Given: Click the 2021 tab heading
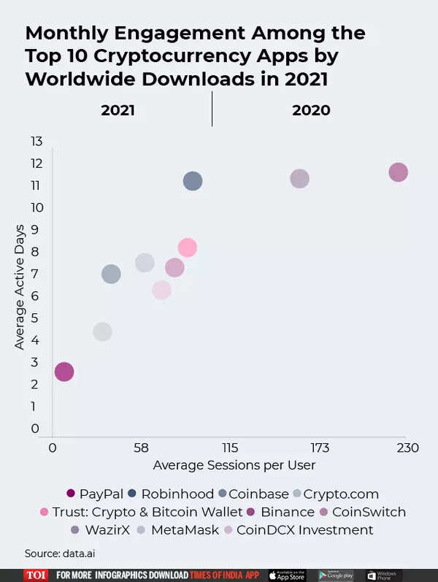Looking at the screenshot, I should pos(118,110).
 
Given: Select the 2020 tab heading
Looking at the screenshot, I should pos(311,110).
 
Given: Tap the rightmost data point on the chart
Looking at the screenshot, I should pos(398,172).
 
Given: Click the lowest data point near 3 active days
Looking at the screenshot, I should pos(64,372).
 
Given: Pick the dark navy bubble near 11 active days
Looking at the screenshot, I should pos(193,181).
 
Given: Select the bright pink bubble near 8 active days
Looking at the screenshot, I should pos(188,248).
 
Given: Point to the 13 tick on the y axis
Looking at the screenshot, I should pos(36,140).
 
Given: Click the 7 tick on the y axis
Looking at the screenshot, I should pos(36,274).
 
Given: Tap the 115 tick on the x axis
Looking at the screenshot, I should pos(230,447).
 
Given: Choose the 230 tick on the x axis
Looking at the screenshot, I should pos(407,447).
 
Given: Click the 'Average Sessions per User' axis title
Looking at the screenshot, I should pos(234,464).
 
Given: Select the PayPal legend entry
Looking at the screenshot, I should pos(95,494).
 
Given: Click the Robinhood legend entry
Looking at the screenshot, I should pos(171,494).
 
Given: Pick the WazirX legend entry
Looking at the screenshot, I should pos(102,530).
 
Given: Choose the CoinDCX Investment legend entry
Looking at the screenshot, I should pos(299,530).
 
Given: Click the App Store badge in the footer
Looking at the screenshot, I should pos(287,575).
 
